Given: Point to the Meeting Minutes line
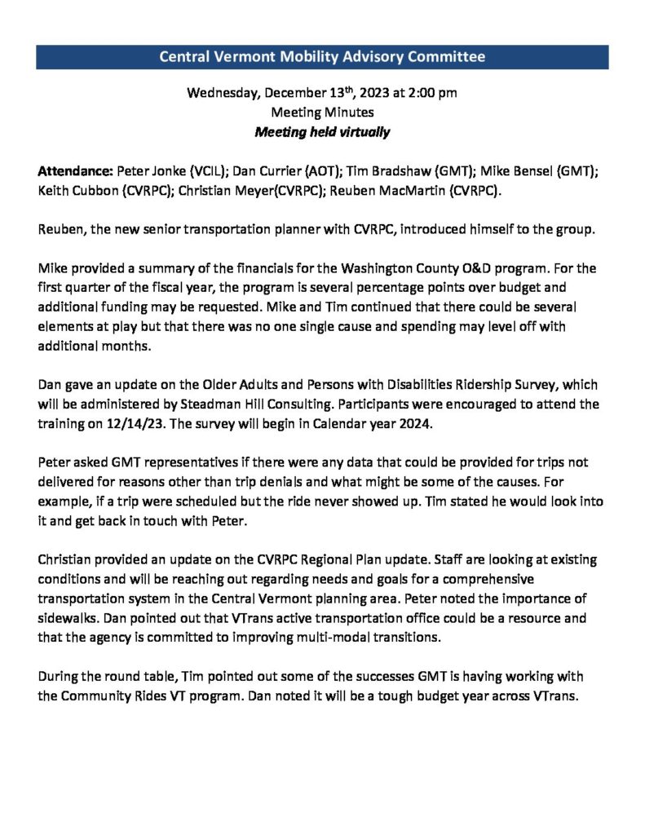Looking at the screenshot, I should [x=322, y=113].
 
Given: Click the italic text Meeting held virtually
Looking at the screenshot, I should [x=322, y=132].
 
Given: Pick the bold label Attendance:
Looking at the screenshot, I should [x=76, y=172].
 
